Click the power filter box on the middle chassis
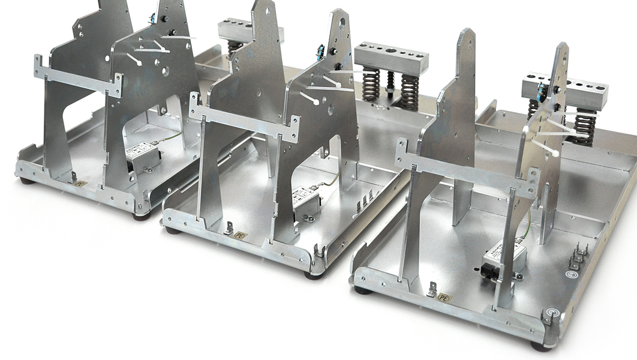(306, 197)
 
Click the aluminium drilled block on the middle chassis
(391, 58)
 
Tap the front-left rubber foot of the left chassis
(26, 181)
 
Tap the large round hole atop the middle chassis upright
(341, 22)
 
